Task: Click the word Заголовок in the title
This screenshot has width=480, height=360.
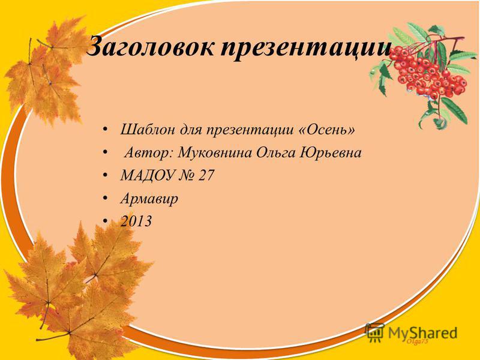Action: [x=151, y=47]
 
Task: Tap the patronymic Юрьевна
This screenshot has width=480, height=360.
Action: [x=331, y=152]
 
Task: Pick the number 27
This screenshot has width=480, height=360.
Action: [x=206, y=175]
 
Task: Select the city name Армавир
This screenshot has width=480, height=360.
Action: [x=149, y=199]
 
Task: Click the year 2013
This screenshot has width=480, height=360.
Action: [x=136, y=221]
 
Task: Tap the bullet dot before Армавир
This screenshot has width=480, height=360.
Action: [x=106, y=199]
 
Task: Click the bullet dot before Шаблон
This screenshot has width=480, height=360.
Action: [x=106, y=130]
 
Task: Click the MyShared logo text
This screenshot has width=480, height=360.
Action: [x=423, y=333]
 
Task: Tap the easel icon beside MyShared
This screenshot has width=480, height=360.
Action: [x=374, y=333]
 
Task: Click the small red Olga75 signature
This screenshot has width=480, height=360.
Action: [x=417, y=341]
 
